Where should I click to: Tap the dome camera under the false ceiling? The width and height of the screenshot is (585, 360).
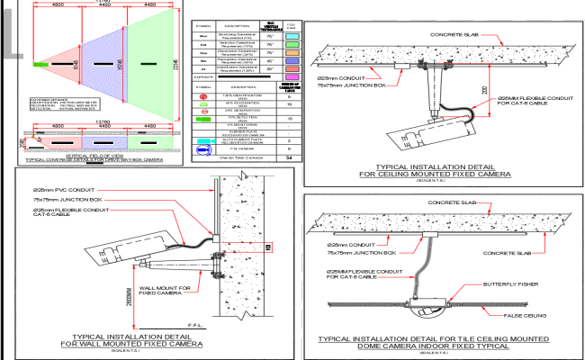pyautogui.click(x=422, y=310)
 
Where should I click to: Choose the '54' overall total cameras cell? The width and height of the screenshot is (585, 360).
pyautogui.click(x=286, y=157)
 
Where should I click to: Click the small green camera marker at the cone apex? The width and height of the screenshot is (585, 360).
pyautogui.click(x=40, y=65)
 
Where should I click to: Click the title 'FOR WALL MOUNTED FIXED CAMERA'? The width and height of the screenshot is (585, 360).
pyautogui.click(x=131, y=344)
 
